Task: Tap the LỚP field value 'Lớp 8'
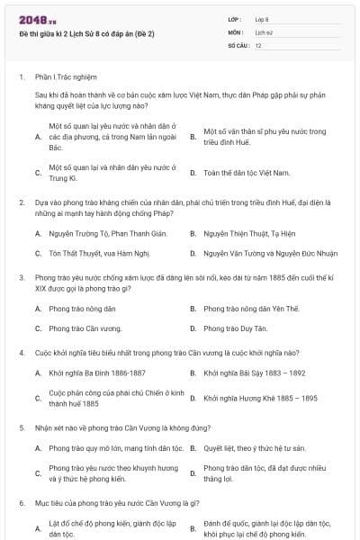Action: [262, 19]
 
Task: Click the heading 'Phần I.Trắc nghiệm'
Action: [67, 77]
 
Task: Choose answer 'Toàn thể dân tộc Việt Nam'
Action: [247, 172]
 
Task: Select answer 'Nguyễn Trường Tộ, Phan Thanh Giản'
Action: [96, 233]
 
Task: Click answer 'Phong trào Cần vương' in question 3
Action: [85, 328]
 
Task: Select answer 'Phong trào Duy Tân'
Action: [236, 328]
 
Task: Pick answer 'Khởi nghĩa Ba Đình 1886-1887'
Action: [97, 373]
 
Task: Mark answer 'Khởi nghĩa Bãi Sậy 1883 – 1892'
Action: [255, 373]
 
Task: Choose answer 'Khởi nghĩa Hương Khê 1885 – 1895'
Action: [260, 398]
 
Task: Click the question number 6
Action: [21, 504]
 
